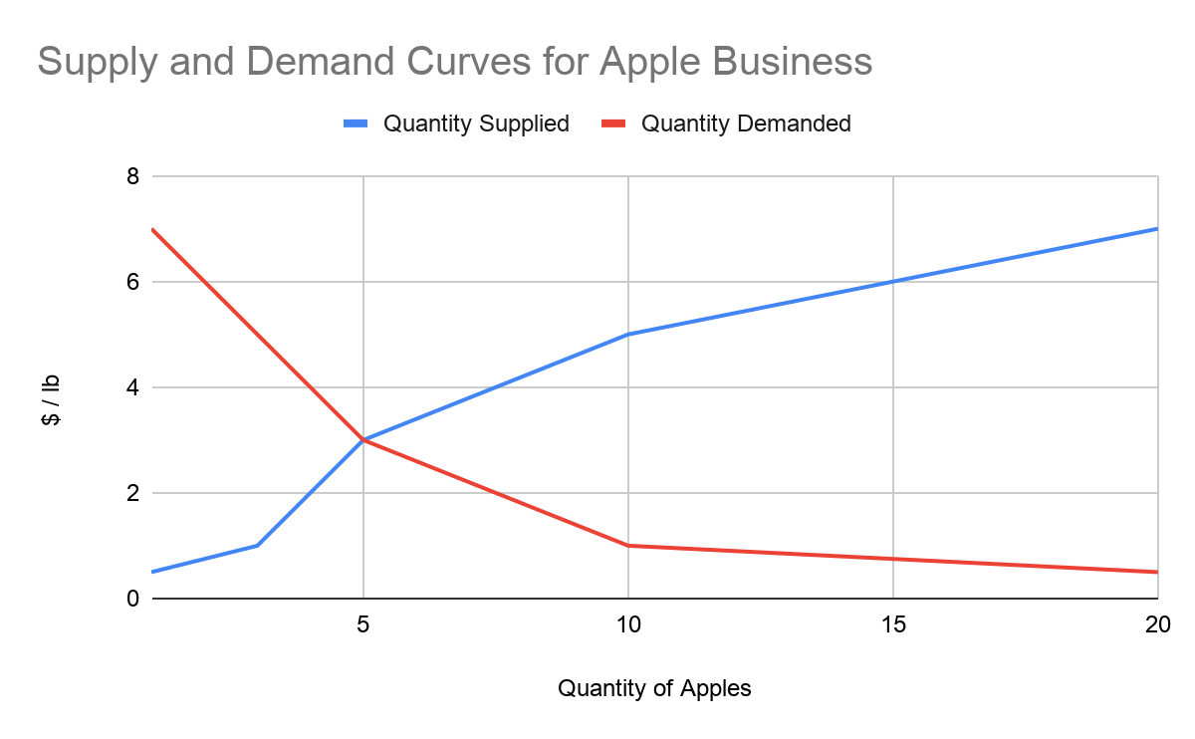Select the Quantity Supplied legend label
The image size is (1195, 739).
[476, 123]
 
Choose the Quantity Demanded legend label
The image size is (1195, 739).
[746, 123]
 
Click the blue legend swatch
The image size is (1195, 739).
[356, 123]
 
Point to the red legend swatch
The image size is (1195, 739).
[613, 123]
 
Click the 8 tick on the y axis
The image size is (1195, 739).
[131, 177]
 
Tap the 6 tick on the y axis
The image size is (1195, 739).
[131, 282]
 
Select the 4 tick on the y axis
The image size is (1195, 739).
[131, 387]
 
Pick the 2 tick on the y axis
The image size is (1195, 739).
[131, 493]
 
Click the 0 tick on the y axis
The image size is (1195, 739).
[131, 599]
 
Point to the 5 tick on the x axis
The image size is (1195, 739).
[363, 624]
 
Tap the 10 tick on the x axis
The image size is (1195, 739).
[628, 624]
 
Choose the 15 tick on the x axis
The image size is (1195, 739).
[893, 624]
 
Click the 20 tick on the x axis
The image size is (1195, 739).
[1157, 624]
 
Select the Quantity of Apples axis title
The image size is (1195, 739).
[654, 688]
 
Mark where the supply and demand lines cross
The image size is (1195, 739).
[363, 440]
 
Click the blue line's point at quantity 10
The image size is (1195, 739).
[628, 335]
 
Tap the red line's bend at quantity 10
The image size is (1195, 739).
[628, 546]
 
